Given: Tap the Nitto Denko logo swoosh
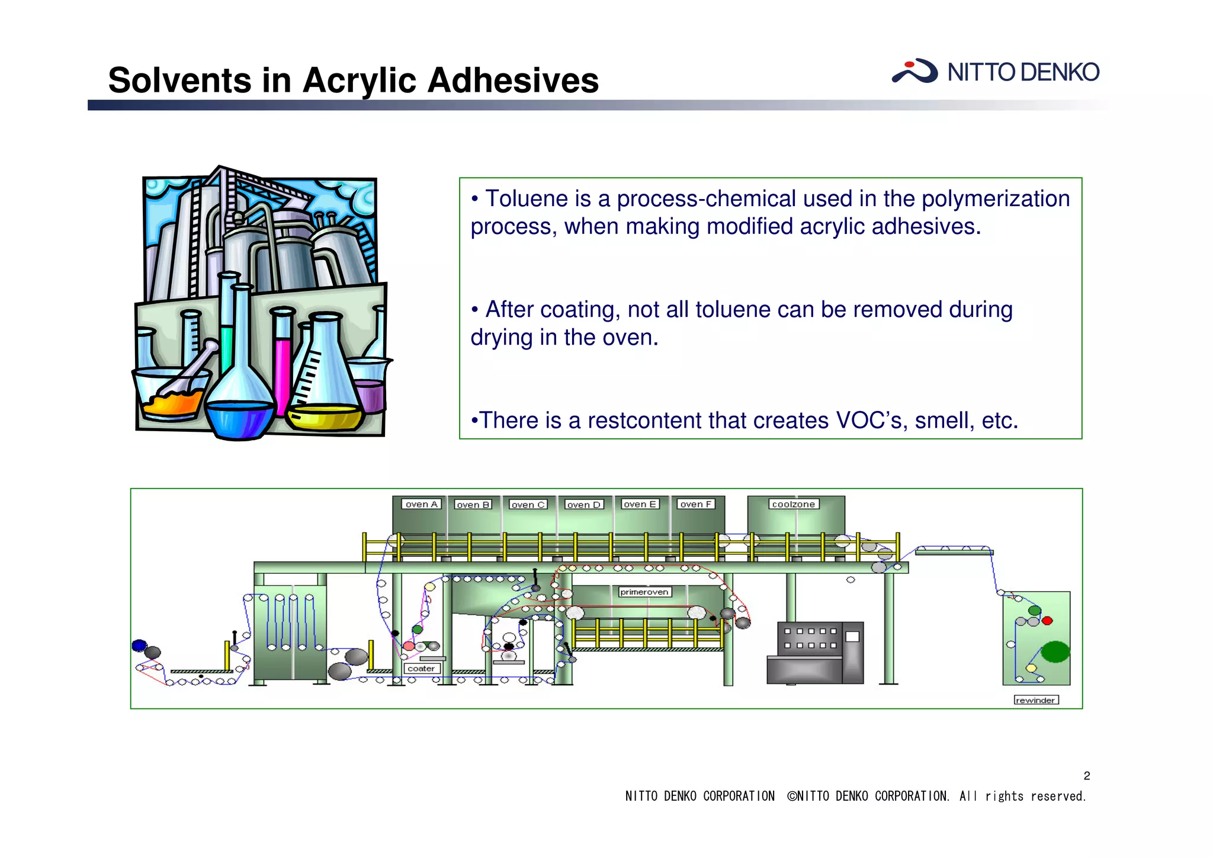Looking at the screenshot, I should click(x=914, y=71).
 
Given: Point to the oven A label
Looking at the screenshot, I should click(x=421, y=504).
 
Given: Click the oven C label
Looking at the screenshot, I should click(x=528, y=505).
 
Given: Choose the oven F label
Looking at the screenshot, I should click(x=695, y=504).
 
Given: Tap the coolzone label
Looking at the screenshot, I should click(x=793, y=504).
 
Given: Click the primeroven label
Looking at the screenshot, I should click(x=644, y=592).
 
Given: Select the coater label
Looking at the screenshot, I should click(x=421, y=668).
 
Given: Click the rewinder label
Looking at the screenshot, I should click(x=1035, y=700).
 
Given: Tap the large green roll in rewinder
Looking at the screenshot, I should click(x=1055, y=651).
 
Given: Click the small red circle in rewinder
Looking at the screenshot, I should click(x=1047, y=621).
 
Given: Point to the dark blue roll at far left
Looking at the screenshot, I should click(x=139, y=646).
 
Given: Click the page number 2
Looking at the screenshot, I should click(x=1087, y=776).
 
